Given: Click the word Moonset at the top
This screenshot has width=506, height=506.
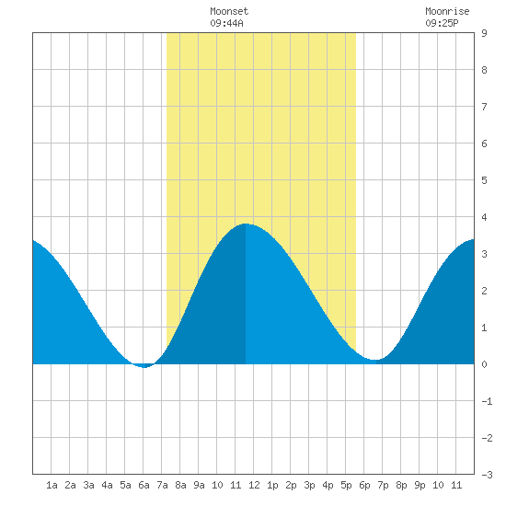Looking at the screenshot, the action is [229, 11].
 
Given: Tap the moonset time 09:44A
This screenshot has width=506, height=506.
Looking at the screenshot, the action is [226, 23].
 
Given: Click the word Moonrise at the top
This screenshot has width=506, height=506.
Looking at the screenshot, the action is [447, 11].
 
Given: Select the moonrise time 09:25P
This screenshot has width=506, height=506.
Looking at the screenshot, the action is [442, 23].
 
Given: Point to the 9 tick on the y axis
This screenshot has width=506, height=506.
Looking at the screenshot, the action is [484, 33].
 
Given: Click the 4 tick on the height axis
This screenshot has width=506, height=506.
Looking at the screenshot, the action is [484, 217].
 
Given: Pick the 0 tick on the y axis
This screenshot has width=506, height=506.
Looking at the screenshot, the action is [484, 364].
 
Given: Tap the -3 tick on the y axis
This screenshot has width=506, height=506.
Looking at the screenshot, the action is [487, 475].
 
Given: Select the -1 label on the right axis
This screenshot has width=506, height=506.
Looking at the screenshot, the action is [487, 401].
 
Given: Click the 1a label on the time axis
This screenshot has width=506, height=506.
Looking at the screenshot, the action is [52, 485].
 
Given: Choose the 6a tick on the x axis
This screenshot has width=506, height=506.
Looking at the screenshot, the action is [144, 485].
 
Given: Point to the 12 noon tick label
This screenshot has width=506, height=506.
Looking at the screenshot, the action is [254, 485].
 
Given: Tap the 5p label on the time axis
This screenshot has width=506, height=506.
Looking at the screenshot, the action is [346, 485].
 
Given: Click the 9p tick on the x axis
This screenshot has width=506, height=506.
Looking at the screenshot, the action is [420, 485].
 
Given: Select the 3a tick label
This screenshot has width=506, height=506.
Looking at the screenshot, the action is [88, 485].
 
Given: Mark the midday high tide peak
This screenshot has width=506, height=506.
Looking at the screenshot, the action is [246, 224].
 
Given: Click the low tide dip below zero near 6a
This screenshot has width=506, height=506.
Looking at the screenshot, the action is [144, 367].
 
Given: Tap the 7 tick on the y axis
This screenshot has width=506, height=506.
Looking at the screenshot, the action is [484, 107].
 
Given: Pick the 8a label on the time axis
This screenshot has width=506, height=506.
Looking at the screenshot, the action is [180, 485].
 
